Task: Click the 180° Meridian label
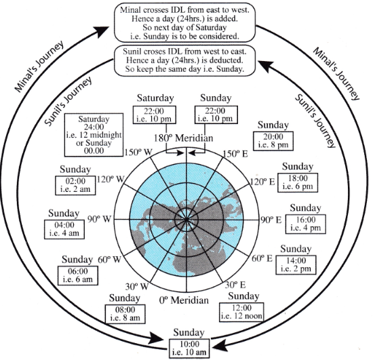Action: pyautogui.click(x=183, y=138)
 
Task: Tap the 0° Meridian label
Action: pyautogui.click(x=184, y=300)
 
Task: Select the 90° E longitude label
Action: pyautogui.click(x=271, y=220)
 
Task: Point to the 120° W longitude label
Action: pyautogui.click(x=111, y=179)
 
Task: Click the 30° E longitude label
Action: pyautogui.click(x=235, y=285)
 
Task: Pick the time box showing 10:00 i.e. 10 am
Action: pyautogui.click(x=189, y=348)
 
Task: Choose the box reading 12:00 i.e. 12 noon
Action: pyautogui.click(x=241, y=312)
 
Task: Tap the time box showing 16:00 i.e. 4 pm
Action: pyautogui.click(x=305, y=224)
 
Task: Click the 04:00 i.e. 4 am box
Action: pyautogui.click(x=64, y=229)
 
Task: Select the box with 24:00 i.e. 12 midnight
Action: pyautogui.click(x=94, y=135)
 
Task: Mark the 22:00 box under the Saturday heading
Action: pyautogui.click(x=155, y=115)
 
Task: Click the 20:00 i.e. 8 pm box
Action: pyautogui.click(x=273, y=141)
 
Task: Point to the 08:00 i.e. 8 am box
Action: pyautogui.click(x=125, y=314)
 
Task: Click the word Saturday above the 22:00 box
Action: pyautogui.click(x=155, y=98)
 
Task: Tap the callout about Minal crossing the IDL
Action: pyautogui.click(x=185, y=23)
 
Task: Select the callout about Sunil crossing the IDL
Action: pyautogui.click(x=184, y=60)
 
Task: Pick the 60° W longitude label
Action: pyautogui.click(x=109, y=259)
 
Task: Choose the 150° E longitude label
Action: pyautogui.click(x=235, y=154)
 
